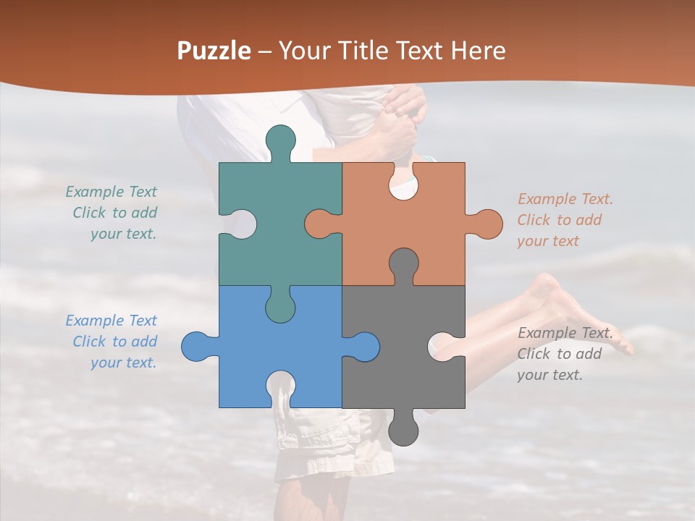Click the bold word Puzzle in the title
click(214, 51)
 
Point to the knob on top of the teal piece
click(281, 140)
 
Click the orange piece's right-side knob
click(486, 224)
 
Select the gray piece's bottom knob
click(403, 429)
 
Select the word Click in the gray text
click(533, 354)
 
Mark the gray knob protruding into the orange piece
click(404, 264)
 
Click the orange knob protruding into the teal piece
click(321, 224)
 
